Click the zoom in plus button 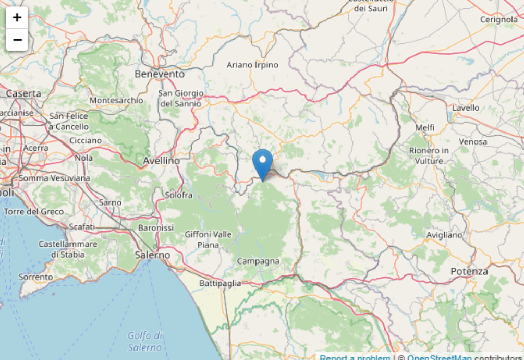17,17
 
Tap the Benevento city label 160,74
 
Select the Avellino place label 162,161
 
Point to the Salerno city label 152,255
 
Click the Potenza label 469,271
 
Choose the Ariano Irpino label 252,65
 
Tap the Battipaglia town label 220,283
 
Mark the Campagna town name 258,261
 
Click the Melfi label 425,128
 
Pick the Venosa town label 473,141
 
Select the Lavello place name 466,108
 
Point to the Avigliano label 444,235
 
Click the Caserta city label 23,93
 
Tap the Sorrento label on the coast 36,277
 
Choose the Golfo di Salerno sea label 145,341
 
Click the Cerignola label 499,20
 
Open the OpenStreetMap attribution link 440,357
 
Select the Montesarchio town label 116,100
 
